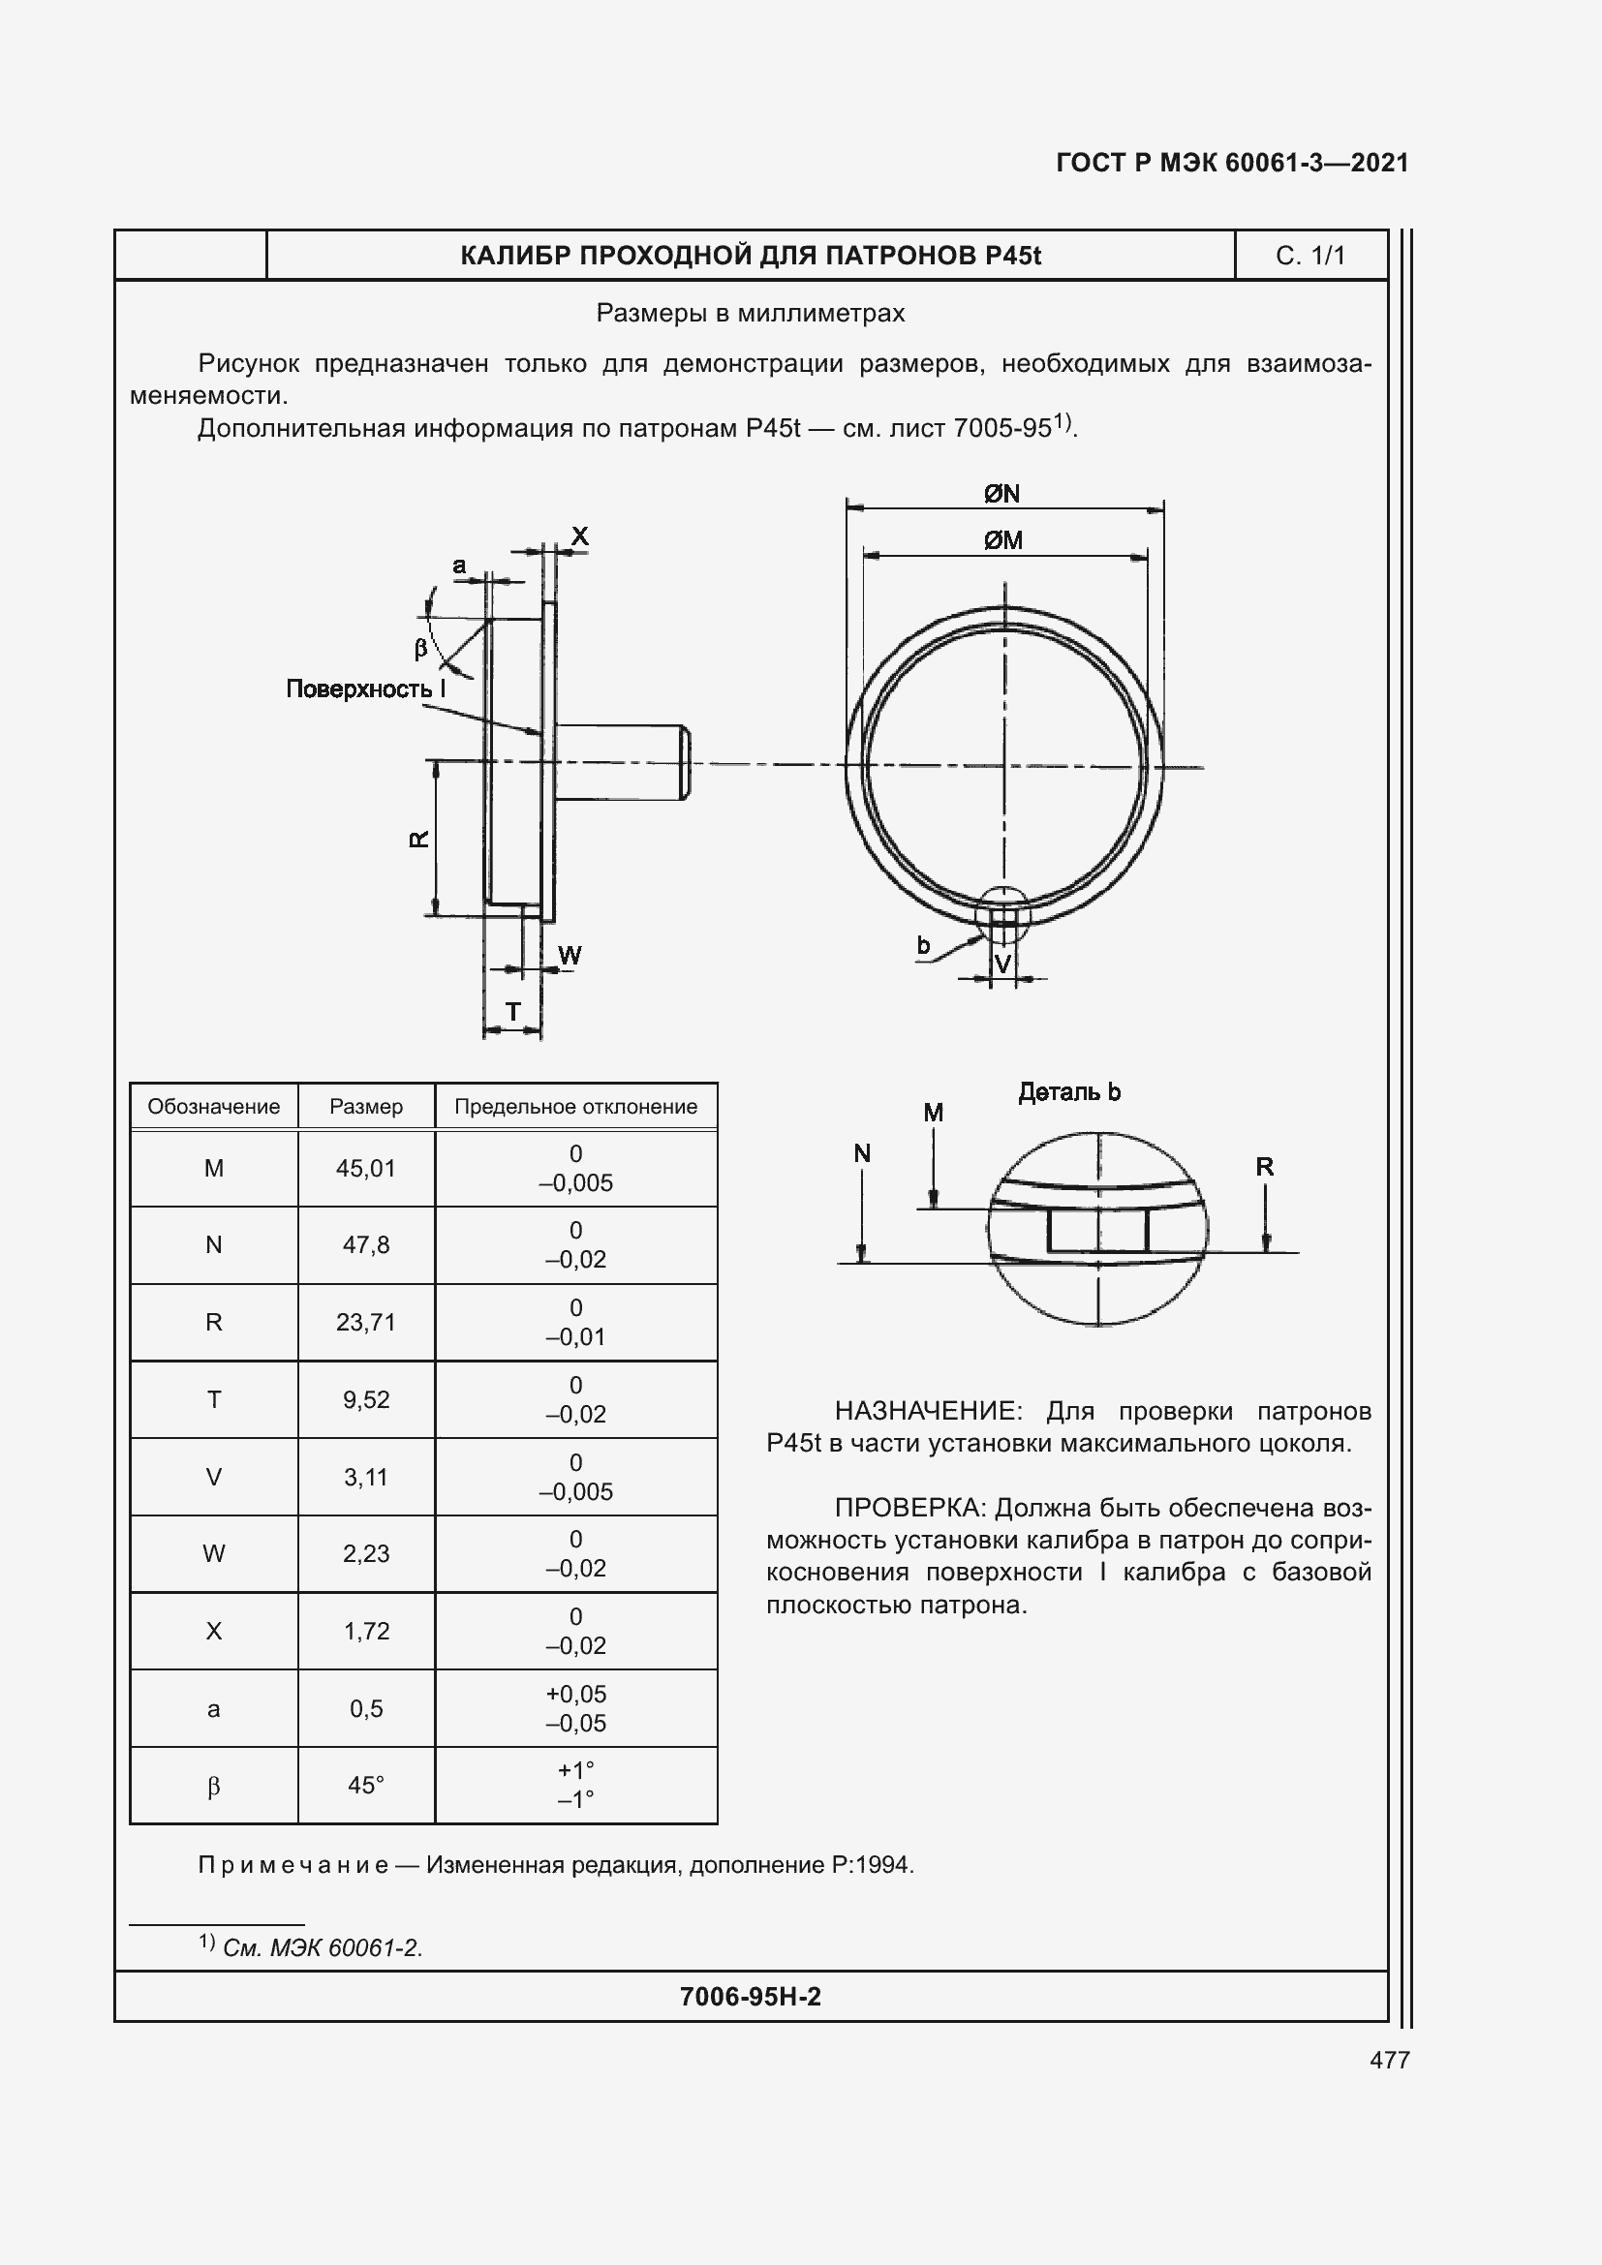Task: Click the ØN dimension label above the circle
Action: point(1002,493)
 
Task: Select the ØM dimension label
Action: point(1003,540)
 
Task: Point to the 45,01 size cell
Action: point(366,1169)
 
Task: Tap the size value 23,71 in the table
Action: point(366,1323)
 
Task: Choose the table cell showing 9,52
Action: point(366,1400)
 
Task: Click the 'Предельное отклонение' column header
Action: point(575,1107)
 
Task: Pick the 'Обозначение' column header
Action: point(213,1107)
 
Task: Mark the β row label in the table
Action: point(213,1787)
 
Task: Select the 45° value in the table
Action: point(366,1786)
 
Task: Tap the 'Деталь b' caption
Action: point(1069,1092)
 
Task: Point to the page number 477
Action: point(1389,2060)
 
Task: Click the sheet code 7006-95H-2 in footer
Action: point(750,1997)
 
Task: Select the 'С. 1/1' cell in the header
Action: point(1310,256)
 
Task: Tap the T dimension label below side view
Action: point(513,1011)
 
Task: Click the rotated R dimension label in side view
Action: point(419,839)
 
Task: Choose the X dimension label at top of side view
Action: point(580,536)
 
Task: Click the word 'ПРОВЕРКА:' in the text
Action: point(910,1509)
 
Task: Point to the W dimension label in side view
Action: point(570,955)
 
